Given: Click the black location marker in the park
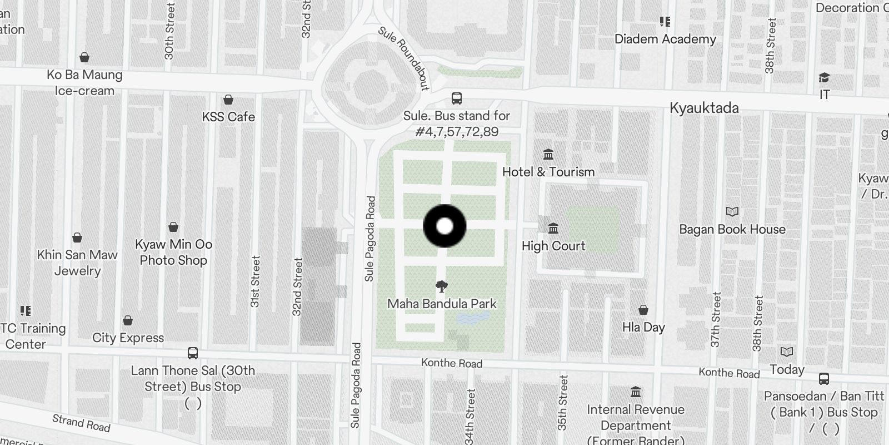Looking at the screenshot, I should coord(444,226).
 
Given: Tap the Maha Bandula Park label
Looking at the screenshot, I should coord(442,304).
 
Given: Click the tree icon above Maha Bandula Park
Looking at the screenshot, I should coord(442,286).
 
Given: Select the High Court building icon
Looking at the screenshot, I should coord(553,228).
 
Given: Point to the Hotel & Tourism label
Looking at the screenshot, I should coord(548,172).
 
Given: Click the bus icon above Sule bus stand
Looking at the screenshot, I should coord(457,98).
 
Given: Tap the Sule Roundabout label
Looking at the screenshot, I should coord(404,58).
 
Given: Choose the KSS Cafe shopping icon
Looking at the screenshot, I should coord(228,100).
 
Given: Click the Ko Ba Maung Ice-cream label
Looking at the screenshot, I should coord(84,82).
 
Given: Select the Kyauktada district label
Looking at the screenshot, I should coord(704,108).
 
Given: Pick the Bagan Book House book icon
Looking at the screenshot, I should coord(732,211).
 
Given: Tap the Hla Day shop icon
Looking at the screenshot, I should coord(643,310).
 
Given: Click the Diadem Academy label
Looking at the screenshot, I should coord(665,39).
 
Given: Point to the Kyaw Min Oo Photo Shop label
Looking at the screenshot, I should coord(173,252).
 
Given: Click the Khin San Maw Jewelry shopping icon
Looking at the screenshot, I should coord(77,238).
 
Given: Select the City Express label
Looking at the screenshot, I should coord(128,338).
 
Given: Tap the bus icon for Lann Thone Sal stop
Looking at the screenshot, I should coord(193,353).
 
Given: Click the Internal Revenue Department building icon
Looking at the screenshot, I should coord(636,392).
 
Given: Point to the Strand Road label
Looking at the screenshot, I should coord(81,423).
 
